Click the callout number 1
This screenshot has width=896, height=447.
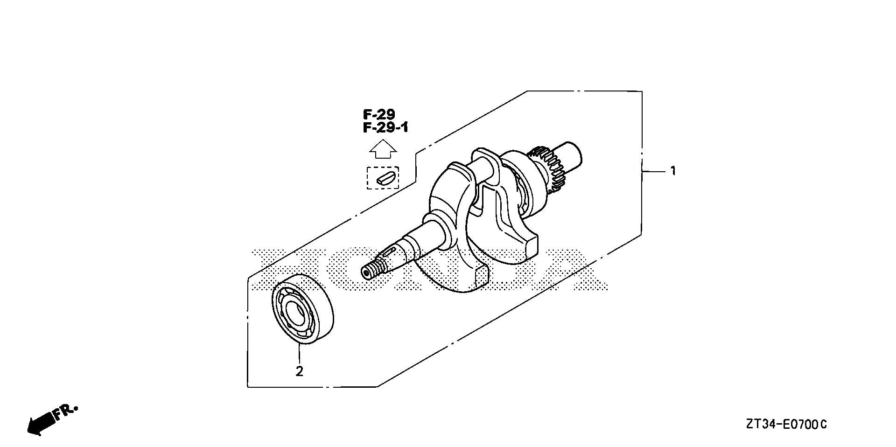[x=672, y=172]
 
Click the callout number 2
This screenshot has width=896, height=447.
[x=299, y=371]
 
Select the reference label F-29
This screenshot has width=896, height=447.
[x=379, y=114]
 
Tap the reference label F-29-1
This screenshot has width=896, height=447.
[x=385, y=127]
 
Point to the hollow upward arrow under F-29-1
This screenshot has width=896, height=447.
[x=383, y=150]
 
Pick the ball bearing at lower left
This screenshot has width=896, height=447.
[x=303, y=310]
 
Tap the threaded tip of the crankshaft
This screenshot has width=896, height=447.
[x=372, y=270]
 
